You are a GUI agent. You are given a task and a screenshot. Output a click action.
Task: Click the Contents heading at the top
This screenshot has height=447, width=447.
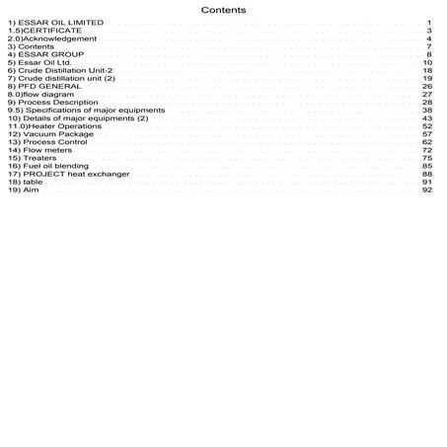[x=223, y=10]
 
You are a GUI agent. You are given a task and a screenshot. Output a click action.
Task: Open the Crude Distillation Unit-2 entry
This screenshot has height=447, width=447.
[x=58, y=71]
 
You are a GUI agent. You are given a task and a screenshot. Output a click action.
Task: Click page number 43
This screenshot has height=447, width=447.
[x=427, y=118]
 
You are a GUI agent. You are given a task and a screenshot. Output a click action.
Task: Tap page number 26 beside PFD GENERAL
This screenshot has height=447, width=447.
[x=427, y=87]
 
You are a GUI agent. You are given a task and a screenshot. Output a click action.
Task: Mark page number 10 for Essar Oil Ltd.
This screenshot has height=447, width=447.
[x=427, y=62]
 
